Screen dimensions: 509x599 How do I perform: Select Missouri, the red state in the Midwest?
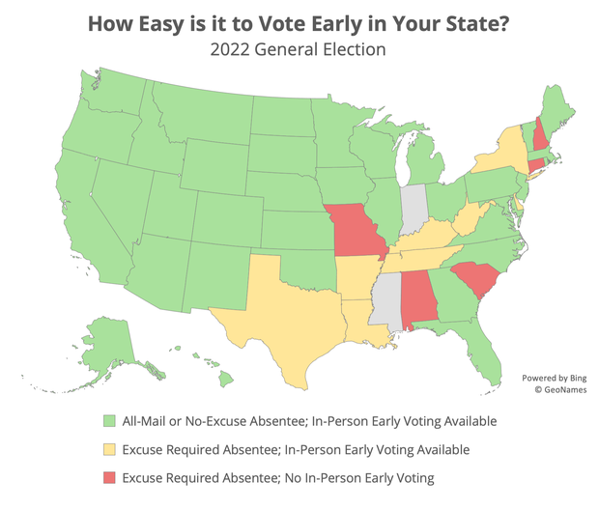point(354,233)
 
